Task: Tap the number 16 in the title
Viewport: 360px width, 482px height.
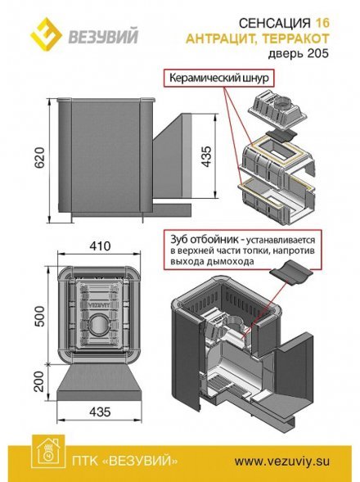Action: point(322,23)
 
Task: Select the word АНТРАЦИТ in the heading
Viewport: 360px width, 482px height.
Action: point(218,39)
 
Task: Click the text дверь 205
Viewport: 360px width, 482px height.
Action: point(298,53)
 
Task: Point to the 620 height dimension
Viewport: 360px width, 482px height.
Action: point(40,157)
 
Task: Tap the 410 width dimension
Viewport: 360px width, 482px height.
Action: point(100,246)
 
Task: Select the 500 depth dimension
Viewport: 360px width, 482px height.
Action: point(39,316)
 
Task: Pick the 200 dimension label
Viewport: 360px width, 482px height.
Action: point(39,381)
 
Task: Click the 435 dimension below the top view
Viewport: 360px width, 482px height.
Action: point(101,412)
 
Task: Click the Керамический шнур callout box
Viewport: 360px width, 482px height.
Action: point(219,78)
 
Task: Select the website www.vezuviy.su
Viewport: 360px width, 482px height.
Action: point(282,461)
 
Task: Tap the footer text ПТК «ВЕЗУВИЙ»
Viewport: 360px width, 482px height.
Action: point(124,461)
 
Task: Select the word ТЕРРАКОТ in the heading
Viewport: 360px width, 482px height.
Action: point(292,39)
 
